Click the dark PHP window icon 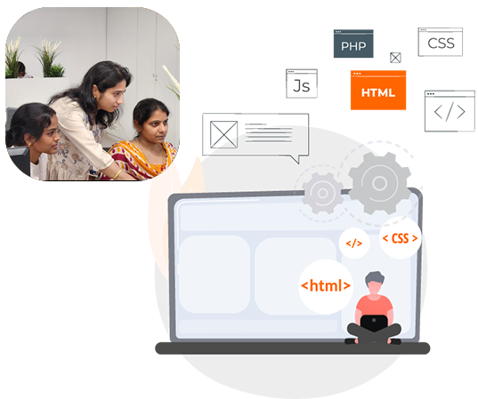click(x=353, y=44)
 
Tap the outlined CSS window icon click(x=441, y=42)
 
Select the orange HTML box click(x=378, y=90)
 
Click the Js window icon click(x=302, y=84)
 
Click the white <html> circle click(x=326, y=286)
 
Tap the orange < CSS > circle click(x=400, y=238)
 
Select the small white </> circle click(x=354, y=243)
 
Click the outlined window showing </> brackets click(x=450, y=111)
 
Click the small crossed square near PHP click(x=395, y=58)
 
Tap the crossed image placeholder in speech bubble click(x=223, y=134)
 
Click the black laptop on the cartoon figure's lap click(x=374, y=323)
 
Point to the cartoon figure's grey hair click(x=375, y=277)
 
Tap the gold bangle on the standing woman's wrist click(x=117, y=174)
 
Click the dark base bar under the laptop click(x=293, y=348)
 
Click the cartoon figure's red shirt click(x=375, y=306)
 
